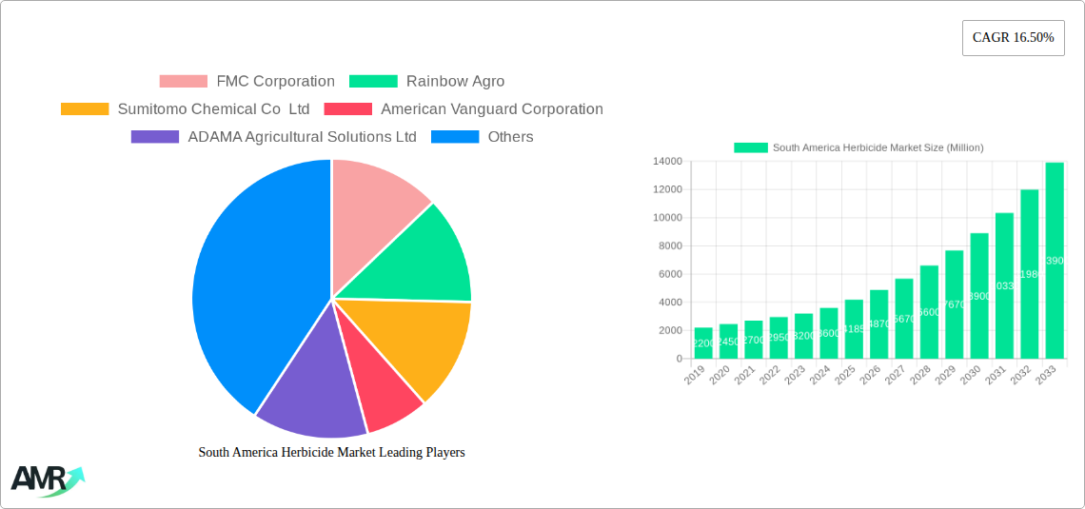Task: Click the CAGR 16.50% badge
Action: [x=1013, y=38]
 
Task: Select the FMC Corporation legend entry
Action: [x=247, y=82]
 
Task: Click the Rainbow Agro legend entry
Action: [x=427, y=82]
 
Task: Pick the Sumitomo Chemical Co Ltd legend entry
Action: [x=186, y=109]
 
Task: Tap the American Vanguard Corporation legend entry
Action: [x=464, y=109]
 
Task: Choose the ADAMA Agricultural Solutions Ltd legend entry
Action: [x=274, y=137]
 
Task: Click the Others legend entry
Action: [x=483, y=137]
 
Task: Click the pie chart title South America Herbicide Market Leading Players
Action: [x=331, y=453]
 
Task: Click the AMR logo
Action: [x=46, y=480]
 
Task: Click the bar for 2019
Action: [x=703, y=343]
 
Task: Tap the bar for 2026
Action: [x=878, y=323]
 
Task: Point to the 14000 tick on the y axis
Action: [x=665, y=162]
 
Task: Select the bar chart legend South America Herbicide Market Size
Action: [x=858, y=147]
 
